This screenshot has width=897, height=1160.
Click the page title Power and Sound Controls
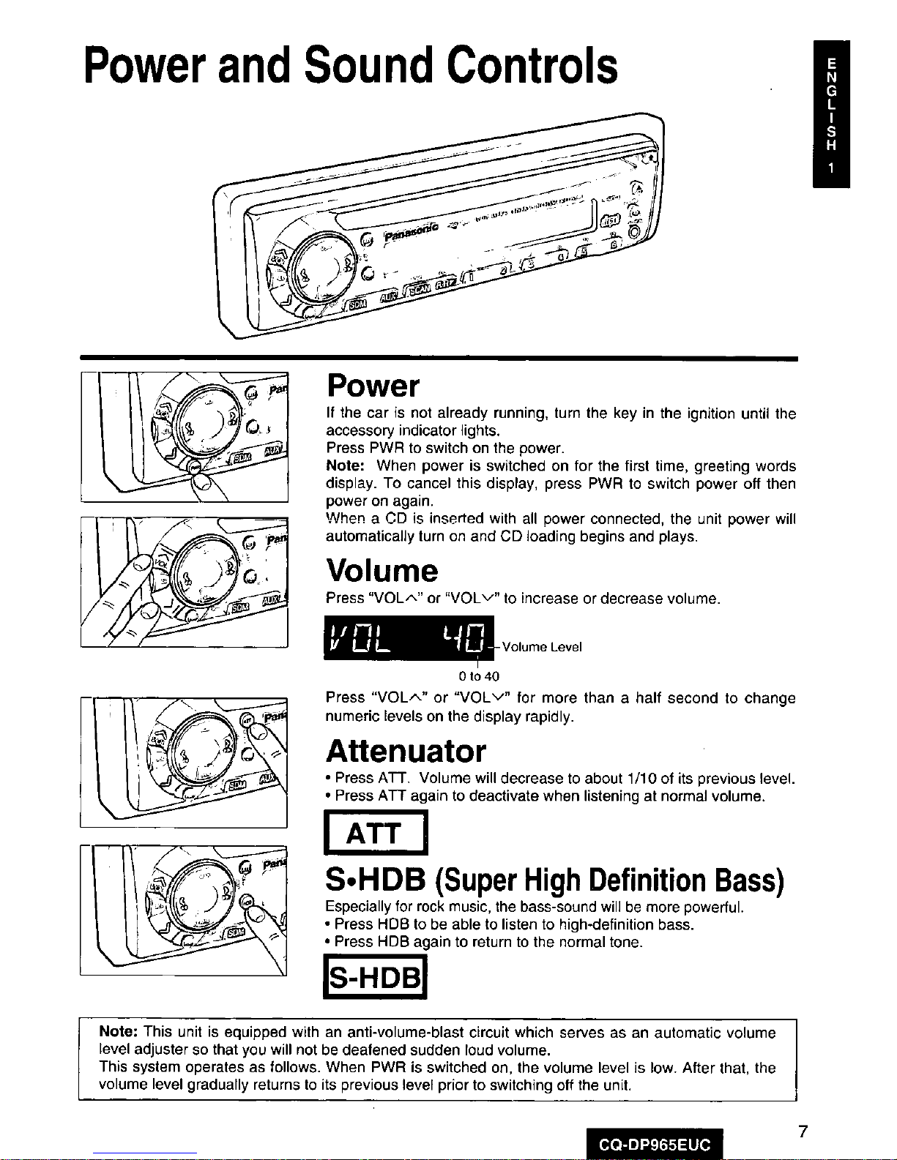tap(351, 66)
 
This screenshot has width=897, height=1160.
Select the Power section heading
tap(373, 386)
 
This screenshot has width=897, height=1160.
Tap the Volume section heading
tap(381, 571)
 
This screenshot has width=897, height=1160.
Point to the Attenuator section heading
tap(406, 752)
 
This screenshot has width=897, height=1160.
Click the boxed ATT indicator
tap(375, 833)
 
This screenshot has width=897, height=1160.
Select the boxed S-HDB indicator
tap(375, 979)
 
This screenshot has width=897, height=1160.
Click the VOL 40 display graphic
tap(409, 638)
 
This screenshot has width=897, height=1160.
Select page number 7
tap(803, 1132)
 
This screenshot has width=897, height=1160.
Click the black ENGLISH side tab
tap(830, 113)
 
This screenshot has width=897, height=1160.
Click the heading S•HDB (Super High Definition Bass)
tap(555, 881)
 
